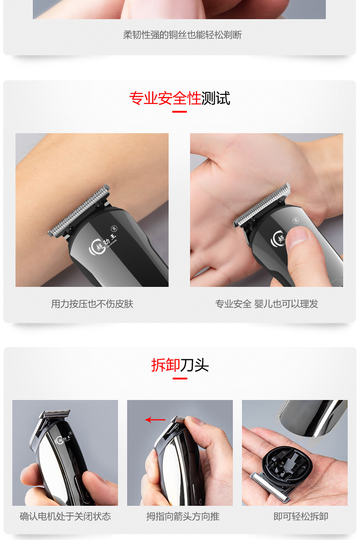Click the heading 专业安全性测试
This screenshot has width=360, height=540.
click(180, 98)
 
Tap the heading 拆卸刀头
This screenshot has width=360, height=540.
click(180, 365)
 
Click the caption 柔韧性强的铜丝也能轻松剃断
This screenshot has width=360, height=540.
click(182, 35)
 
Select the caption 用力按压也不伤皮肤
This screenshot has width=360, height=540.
click(92, 304)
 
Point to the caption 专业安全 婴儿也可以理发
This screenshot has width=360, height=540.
click(267, 304)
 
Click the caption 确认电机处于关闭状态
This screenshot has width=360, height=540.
click(65, 516)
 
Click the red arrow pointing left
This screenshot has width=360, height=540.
click(155, 420)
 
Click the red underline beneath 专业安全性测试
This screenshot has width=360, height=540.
click(180, 111)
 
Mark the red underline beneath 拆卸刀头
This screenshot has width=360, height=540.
click(180, 378)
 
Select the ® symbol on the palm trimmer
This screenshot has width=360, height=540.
click(296, 220)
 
